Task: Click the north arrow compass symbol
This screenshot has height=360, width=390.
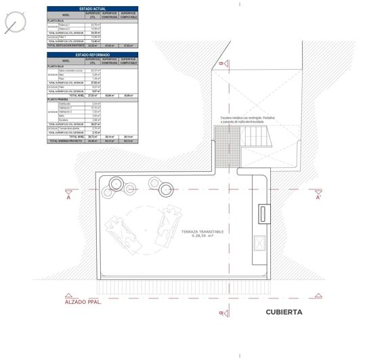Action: pyautogui.click(x=14, y=25)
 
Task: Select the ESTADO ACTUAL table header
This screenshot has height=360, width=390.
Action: pyautogui.click(x=92, y=8)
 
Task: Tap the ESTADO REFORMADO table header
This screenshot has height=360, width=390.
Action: pyautogui.click(x=92, y=54)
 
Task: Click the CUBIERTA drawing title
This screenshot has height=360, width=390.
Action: pyautogui.click(x=284, y=313)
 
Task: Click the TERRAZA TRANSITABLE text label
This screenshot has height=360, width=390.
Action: pyautogui.click(x=202, y=231)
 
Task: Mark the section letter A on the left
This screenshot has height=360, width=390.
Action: pyautogui.click(x=68, y=198)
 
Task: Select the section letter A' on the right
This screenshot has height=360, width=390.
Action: pyautogui.click(x=318, y=198)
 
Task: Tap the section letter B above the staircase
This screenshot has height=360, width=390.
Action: pyautogui.click(x=221, y=64)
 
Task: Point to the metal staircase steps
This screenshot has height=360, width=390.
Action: pyautogui.click(x=257, y=139)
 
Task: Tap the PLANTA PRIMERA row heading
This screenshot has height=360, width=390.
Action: pyautogui.click(x=58, y=99)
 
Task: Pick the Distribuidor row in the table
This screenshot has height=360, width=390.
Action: pyautogui.click(x=65, y=104)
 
